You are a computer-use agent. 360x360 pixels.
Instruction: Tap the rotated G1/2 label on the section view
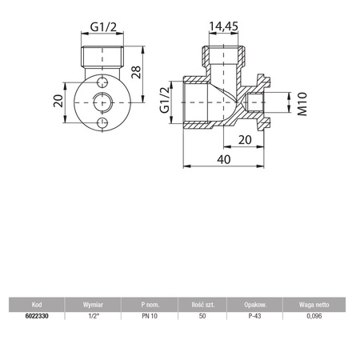(x=165, y=102)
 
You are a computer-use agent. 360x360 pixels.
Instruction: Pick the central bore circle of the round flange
(x=101, y=103)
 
